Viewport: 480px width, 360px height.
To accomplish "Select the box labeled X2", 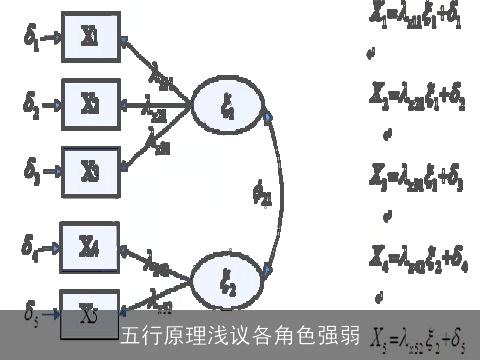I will coord(90,102).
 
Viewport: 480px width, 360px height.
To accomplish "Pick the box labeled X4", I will coord(90,244).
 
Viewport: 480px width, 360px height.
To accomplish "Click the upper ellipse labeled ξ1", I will coord(227,105).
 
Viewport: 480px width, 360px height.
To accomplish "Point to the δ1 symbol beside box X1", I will coord(32,41).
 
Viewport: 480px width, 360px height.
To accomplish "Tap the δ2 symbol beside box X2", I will coord(32,104).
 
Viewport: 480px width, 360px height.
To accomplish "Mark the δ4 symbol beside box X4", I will coord(32,244).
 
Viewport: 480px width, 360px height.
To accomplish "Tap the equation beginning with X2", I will coord(413,96).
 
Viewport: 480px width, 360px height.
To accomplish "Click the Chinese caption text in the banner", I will coord(240,335).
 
